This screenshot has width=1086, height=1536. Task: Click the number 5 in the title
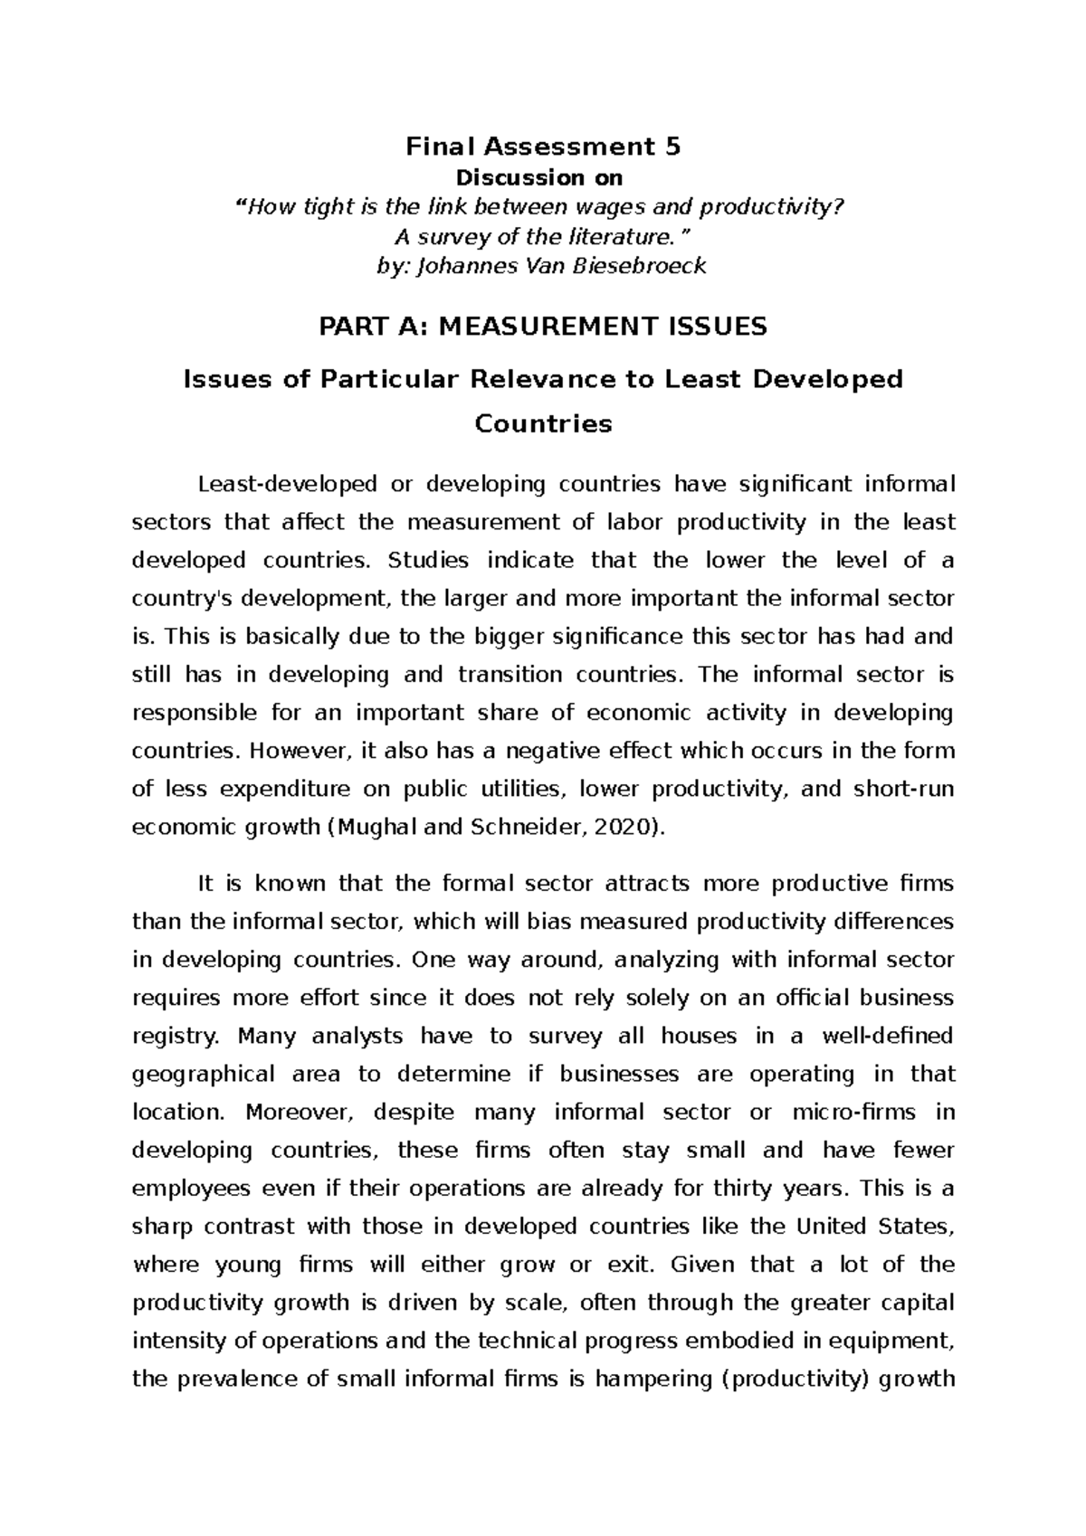(x=671, y=147)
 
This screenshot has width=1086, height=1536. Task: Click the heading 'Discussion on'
(x=543, y=178)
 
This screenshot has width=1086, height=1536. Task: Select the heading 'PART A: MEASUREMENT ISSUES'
(x=543, y=327)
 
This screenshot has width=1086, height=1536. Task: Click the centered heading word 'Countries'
(x=543, y=423)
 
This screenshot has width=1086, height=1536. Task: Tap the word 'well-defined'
(x=886, y=1037)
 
